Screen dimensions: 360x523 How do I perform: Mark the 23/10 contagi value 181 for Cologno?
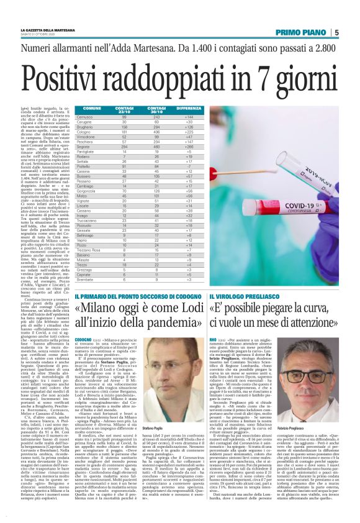click(124, 132)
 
